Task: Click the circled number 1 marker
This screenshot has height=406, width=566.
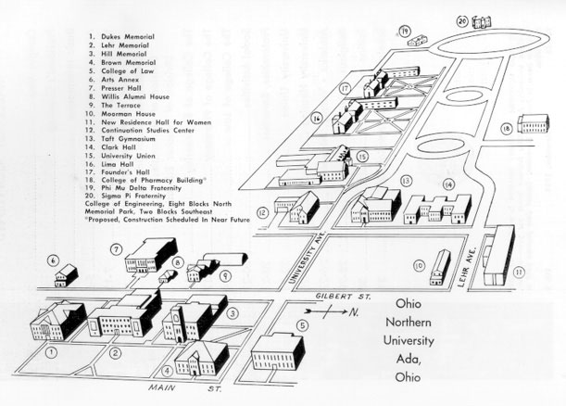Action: click(52, 352)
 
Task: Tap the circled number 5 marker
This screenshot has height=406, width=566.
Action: click(303, 325)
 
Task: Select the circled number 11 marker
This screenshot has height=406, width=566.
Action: click(518, 272)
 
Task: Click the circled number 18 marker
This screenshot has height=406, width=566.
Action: click(507, 128)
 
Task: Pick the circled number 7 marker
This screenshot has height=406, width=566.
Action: click(117, 249)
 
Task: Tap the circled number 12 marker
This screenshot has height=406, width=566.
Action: click(264, 213)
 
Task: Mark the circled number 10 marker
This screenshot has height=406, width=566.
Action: click(419, 266)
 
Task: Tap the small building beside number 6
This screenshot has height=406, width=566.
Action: click(67, 275)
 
